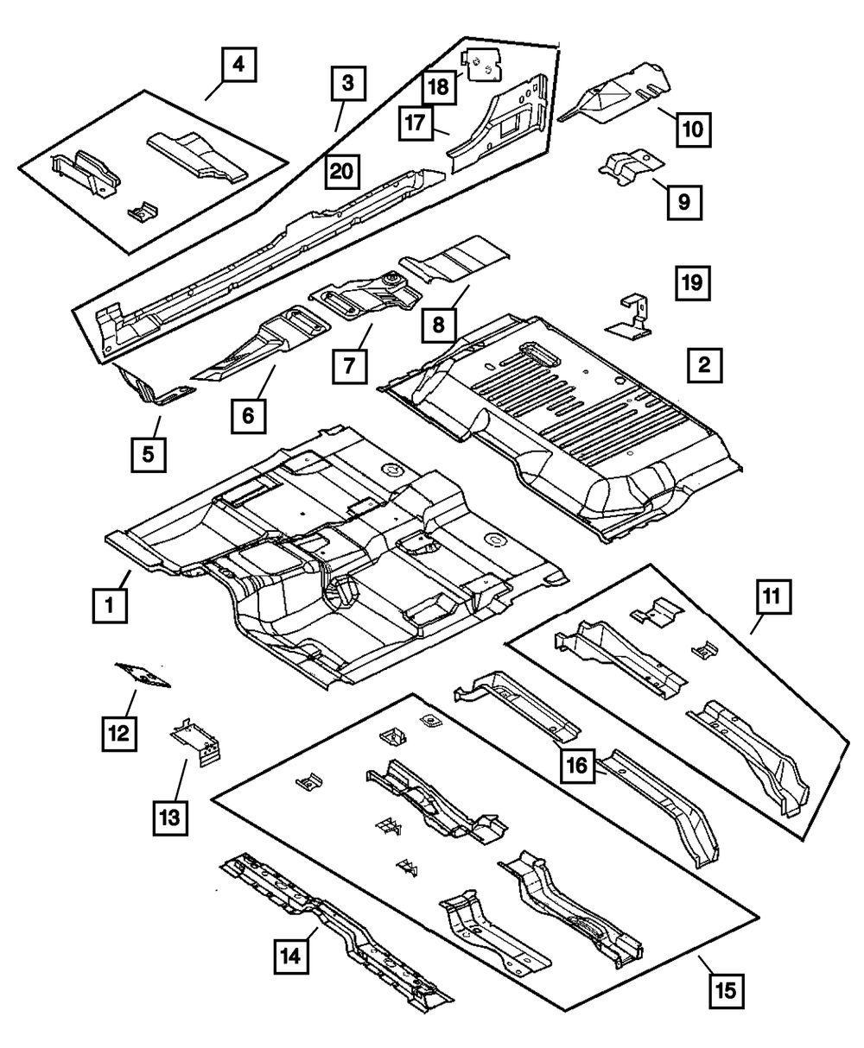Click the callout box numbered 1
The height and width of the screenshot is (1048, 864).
pos(110,606)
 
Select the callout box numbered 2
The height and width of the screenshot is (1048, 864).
pos(705,366)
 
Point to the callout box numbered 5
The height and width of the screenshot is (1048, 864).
pos(149,453)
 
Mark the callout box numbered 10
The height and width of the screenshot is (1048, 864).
pos(692,130)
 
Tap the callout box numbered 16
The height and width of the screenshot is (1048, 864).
pos(578,765)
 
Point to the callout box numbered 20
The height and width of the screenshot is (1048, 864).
pos(342,171)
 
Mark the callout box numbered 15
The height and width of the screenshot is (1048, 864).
pos(725,990)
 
